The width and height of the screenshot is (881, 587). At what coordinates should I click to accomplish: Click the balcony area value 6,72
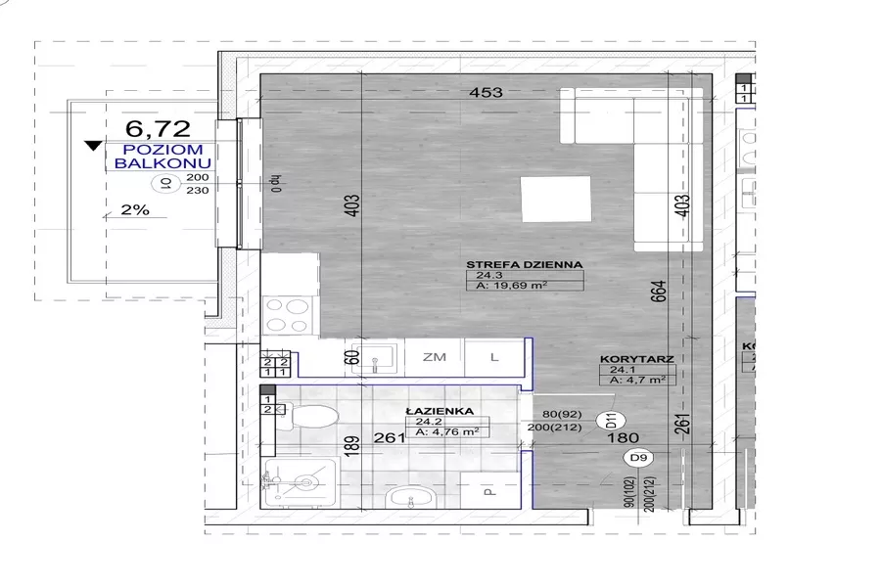click(157, 127)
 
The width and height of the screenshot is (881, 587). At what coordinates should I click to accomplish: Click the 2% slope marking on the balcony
click(134, 209)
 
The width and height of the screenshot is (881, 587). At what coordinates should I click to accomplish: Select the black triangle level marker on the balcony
click(93, 147)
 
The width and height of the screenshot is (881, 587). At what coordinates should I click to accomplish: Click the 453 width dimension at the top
click(485, 93)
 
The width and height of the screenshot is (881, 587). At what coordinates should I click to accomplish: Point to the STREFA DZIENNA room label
click(524, 264)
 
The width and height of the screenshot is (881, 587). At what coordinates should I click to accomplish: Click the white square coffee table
click(556, 199)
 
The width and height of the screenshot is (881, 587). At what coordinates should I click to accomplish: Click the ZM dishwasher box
click(435, 358)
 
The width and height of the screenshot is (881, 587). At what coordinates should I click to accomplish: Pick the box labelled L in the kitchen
click(494, 358)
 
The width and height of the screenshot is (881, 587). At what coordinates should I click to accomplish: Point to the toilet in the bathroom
click(305, 419)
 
